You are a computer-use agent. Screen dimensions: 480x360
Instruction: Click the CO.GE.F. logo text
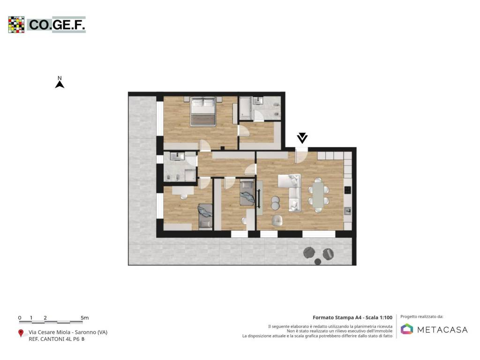pos(57,25)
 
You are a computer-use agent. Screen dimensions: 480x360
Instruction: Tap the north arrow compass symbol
pos(60,82)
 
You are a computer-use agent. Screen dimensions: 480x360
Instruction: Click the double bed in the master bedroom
pos(203,112)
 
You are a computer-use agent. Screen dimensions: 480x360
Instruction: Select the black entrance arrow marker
pos(302,138)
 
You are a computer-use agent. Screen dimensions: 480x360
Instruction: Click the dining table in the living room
pos(318,195)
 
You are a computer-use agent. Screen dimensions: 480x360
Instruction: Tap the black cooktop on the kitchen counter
pos(347,190)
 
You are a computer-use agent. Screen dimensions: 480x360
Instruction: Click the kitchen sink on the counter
pos(347,211)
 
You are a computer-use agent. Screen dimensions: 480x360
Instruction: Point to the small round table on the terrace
pos(318,262)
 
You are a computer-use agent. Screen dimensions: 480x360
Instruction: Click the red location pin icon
pos(21,333)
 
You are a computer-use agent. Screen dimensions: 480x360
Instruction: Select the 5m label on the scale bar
pos(85,318)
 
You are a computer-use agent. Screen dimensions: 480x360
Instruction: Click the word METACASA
pos(442,330)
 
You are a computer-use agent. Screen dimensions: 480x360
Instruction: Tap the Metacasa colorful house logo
pos(407,329)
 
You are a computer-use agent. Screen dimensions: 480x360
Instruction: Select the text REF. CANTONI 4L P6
pos(54,339)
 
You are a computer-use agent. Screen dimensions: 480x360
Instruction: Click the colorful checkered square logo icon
pos(16,24)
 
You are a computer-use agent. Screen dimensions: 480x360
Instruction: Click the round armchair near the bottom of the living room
pos(277,220)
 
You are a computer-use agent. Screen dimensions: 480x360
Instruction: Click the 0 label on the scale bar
pos(20,318)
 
